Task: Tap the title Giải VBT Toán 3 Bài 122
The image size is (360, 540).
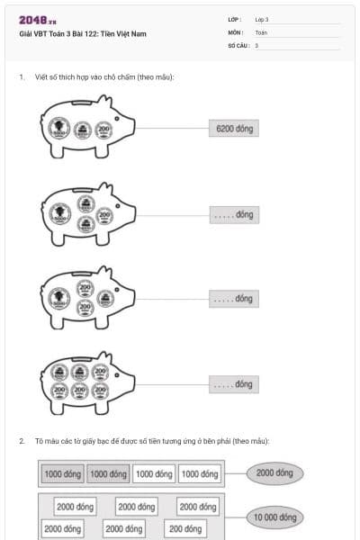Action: [x=82, y=34]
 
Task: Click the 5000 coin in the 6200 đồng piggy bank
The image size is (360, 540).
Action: [x=59, y=130]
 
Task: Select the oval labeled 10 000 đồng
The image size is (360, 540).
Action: [x=274, y=517]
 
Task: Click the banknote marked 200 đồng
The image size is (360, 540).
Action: [x=184, y=528]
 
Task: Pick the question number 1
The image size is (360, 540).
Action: [x=21, y=76]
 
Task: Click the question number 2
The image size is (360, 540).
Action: [x=21, y=441]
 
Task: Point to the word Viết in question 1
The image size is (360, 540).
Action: [x=43, y=76]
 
